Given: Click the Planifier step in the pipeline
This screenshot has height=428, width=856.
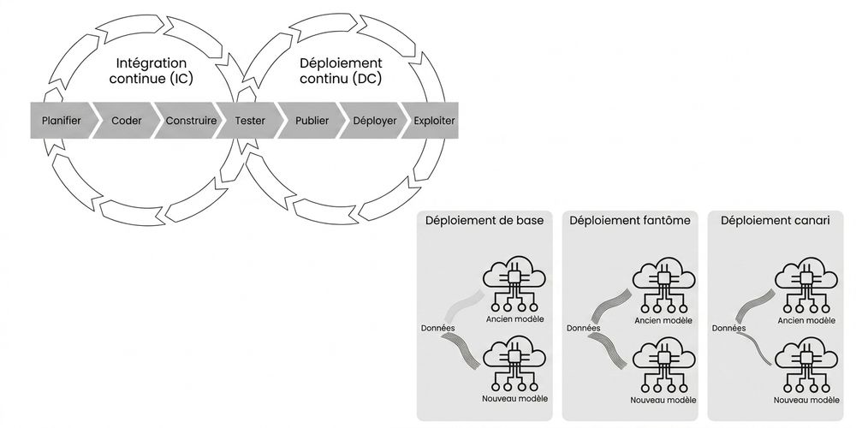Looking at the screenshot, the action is tap(62, 121).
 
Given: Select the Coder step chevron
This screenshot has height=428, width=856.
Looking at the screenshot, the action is tap(126, 121).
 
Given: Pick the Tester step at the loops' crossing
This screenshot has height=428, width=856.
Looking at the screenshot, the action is tap(250, 121).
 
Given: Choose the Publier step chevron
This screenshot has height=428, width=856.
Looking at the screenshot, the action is tap(312, 121).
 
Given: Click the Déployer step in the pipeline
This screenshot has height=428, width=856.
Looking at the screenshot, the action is tap(375, 121).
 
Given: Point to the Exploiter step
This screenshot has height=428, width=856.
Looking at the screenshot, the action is tap(434, 121).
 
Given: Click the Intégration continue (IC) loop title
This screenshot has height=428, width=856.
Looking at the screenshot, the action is tap(152, 71).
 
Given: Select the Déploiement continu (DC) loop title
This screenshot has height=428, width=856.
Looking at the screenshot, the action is tap(341, 71).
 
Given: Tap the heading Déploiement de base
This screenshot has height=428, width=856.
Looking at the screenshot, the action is tap(484, 221).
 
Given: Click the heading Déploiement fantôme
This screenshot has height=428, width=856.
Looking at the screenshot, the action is tap(630, 221).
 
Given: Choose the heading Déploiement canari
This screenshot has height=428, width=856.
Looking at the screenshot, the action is tap(776, 221).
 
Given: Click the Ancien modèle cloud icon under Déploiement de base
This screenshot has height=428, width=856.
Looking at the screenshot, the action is tap(514, 283).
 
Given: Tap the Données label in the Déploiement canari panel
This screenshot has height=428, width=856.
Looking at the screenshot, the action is tap(728, 328).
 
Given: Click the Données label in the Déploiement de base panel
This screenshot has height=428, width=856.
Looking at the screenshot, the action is tap(437, 328).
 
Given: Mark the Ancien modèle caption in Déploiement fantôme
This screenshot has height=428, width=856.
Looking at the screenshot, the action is tap(663, 320).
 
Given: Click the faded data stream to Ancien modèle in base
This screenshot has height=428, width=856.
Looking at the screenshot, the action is tap(463, 306).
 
